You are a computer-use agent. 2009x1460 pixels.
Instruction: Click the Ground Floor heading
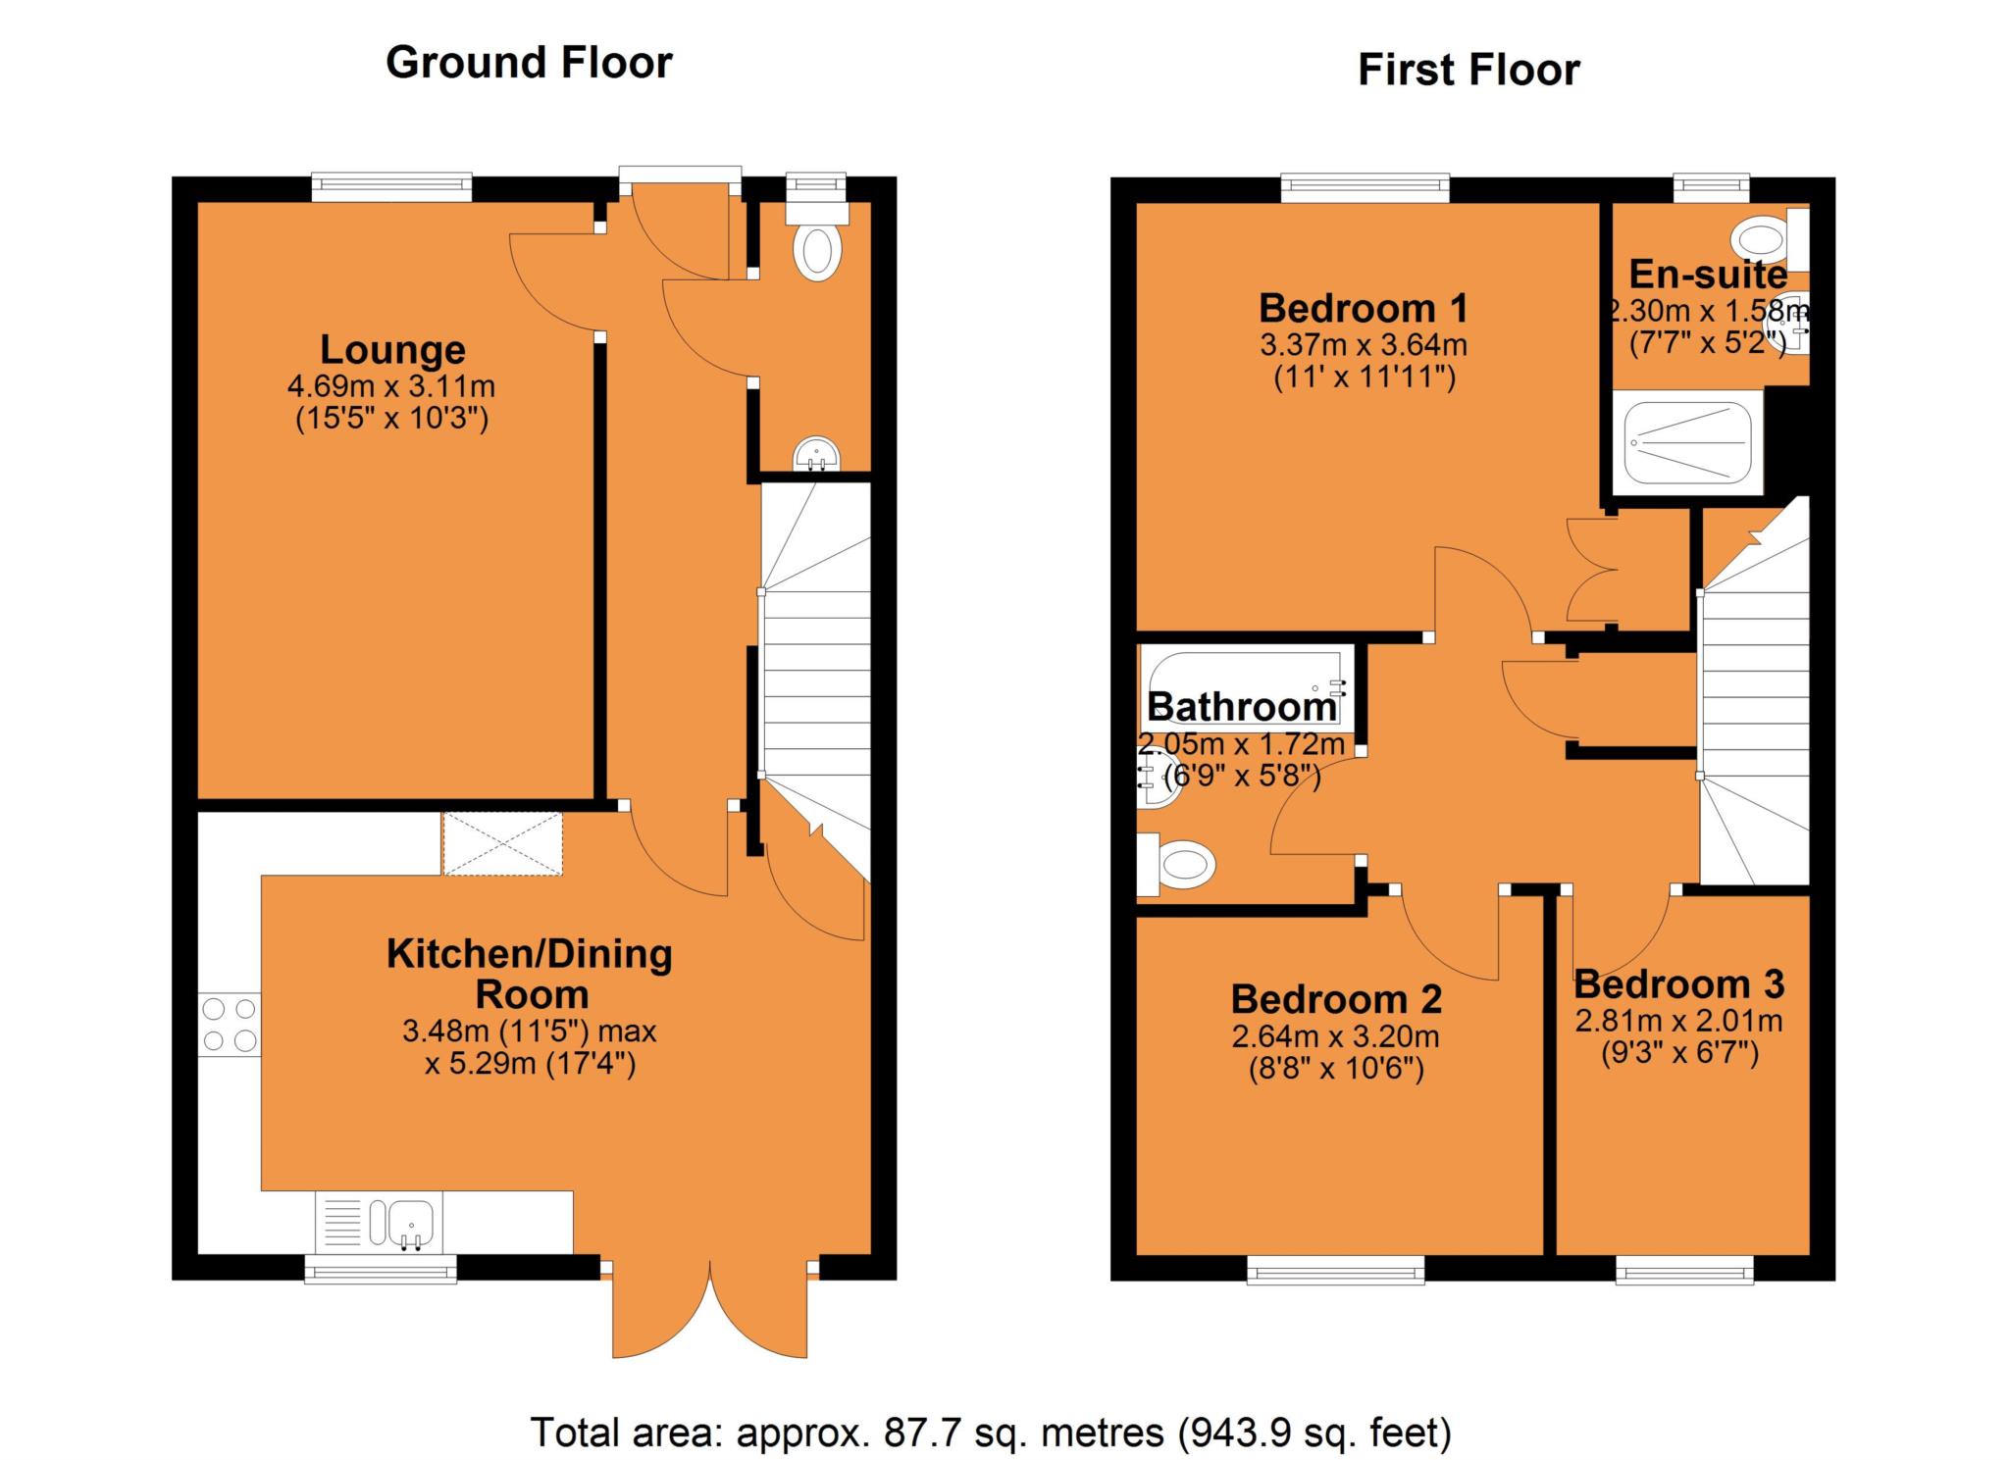click(x=529, y=63)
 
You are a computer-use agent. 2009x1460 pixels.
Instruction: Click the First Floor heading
click(x=1468, y=71)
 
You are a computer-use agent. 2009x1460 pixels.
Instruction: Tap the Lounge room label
click(x=392, y=350)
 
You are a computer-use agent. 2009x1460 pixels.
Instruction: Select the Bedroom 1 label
click(x=1364, y=308)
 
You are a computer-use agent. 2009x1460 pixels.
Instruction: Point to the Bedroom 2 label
click(x=1336, y=999)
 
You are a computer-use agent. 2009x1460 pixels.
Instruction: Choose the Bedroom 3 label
click(x=1678, y=983)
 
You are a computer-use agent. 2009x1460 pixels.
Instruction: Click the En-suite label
click(x=1708, y=275)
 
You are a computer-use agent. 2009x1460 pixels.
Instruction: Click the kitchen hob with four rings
click(x=230, y=1025)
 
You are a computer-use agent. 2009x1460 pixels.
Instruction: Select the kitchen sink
click(x=380, y=1222)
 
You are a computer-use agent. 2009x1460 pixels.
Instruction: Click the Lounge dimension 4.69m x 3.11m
click(x=391, y=385)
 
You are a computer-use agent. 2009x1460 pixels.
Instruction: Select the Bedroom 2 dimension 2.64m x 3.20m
click(x=1336, y=1035)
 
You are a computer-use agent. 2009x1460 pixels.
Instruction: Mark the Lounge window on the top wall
click(x=391, y=187)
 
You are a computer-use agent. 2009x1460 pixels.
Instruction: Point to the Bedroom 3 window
click(x=1685, y=1273)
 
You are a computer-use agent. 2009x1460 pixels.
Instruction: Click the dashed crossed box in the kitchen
click(x=502, y=843)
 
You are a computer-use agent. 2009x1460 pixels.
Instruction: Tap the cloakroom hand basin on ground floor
click(x=816, y=456)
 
